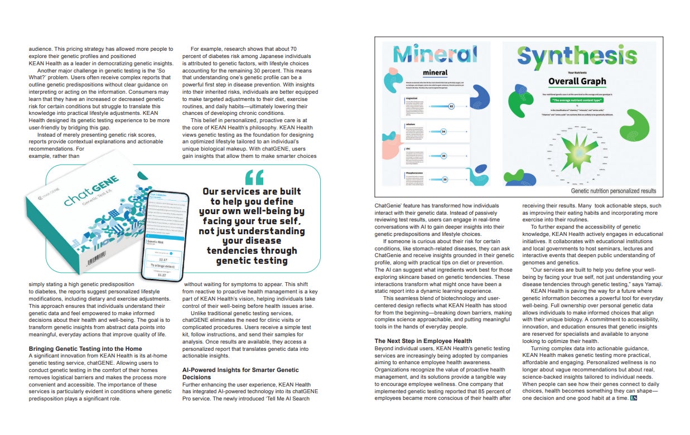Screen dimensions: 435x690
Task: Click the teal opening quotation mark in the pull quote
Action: click(254, 177)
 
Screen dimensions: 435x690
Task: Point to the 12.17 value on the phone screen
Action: click(162, 259)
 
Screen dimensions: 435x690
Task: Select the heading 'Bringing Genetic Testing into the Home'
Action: click(84, 349)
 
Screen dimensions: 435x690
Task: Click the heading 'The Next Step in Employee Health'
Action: click(423, 341)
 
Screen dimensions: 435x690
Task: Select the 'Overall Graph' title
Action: click(577, 81)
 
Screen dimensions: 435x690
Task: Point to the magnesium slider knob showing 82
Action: click(451, 105)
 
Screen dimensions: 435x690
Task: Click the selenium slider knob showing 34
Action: click(443, 132)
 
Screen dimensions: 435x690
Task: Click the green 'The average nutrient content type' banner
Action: click(577, 101)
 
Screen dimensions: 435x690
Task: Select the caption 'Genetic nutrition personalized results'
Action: click(613, 191)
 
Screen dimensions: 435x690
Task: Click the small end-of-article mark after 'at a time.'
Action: click(633, 398)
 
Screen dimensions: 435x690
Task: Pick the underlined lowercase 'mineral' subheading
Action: click(435, 72)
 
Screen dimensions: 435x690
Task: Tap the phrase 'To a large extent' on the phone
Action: click(162, 267)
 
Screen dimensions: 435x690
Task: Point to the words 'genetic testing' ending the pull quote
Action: click(252, 260)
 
